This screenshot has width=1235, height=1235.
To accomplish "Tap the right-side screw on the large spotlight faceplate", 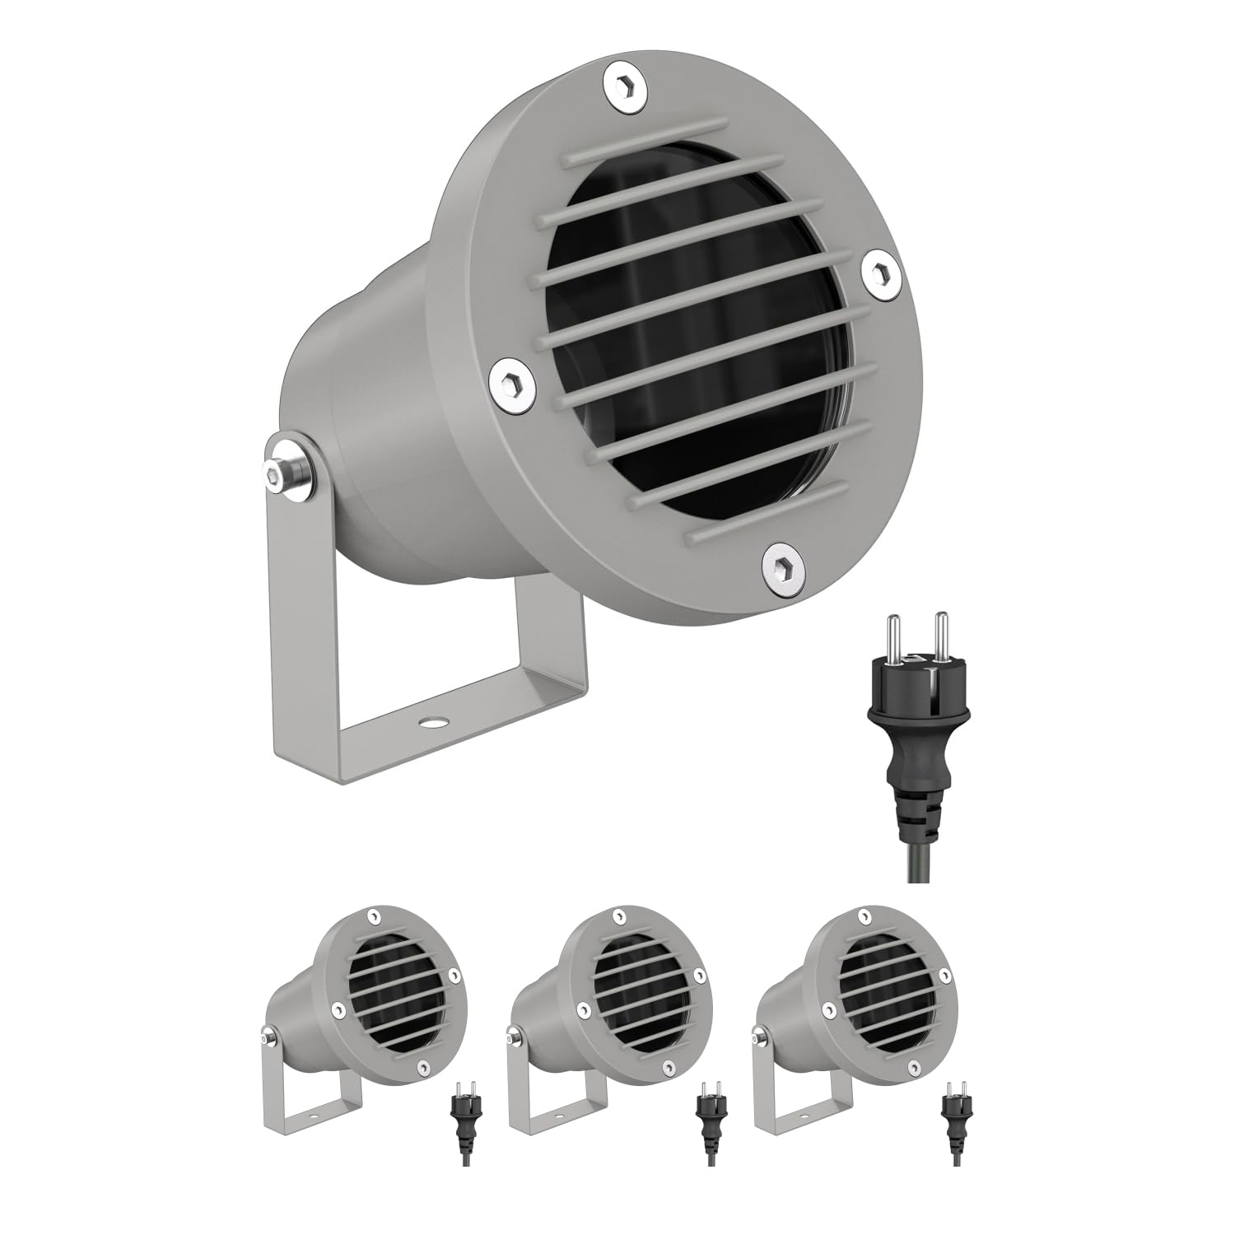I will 884,272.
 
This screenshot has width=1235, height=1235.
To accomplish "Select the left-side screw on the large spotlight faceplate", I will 510,381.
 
